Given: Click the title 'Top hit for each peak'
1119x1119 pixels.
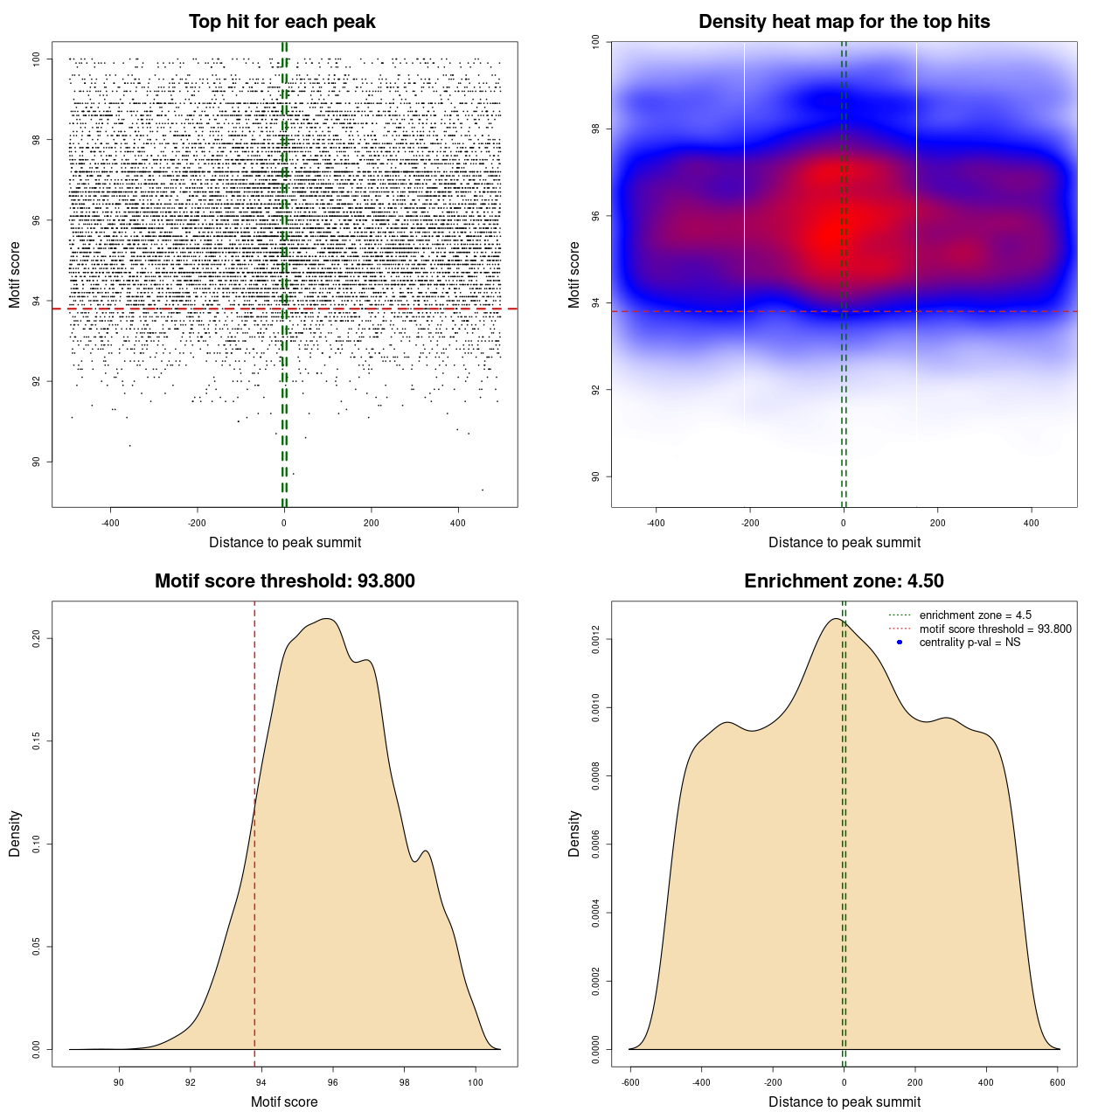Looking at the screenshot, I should [x=282, y=22].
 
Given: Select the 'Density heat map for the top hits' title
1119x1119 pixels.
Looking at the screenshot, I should [x=844, y=22].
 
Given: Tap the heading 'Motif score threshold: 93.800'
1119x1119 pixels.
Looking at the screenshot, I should [x=284, y=581].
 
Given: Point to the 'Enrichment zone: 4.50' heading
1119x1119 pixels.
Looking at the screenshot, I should [x=844, y=581].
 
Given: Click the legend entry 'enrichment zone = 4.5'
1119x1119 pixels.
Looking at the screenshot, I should [x=975, y=615].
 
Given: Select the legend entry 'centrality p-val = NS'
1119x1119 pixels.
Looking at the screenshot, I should [x=970, y=643].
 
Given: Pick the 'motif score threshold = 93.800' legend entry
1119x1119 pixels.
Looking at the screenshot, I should [x=995, y=629].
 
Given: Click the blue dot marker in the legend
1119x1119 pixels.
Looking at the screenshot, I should [x=900, y=643].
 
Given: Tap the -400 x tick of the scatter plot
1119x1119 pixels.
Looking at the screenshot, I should [x=110, y=523].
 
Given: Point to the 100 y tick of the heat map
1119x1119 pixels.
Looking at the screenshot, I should [x=595, y=41].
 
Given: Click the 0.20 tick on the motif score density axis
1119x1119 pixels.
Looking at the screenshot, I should [x=36, y=639].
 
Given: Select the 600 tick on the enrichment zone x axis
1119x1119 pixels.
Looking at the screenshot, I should [x=1057, y=1082].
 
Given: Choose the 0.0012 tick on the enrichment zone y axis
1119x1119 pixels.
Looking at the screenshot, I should [x=595, y=640].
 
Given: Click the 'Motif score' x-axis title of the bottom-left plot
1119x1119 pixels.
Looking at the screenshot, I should [x=284, y=1102].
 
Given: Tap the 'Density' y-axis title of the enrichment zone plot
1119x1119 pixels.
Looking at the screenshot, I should [x=574, y=833].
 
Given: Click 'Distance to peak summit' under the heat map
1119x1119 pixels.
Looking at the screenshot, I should [x=844, y=542].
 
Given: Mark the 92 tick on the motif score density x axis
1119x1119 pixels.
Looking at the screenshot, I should [x=191, y=1082].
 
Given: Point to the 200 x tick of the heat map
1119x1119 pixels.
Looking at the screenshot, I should [x=937, y=523].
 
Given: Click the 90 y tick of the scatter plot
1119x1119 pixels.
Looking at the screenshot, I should [x=36, y=462].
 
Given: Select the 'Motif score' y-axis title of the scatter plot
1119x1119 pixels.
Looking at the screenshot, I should [x=15, y=275].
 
